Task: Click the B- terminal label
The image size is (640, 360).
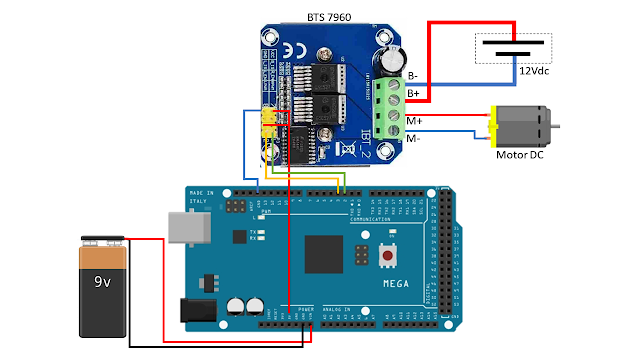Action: pos(413,76)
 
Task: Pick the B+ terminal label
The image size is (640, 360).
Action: pos(413,92)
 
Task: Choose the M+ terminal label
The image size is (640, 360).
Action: pos(414,122)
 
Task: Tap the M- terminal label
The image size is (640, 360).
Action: pos(414,139)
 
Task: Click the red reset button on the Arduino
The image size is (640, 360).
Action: pos(387,257)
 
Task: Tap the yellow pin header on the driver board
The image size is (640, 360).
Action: pos(269,124)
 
